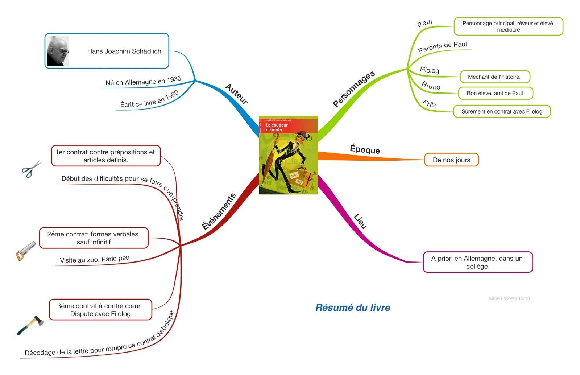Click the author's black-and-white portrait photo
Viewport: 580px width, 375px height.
click(58, 51)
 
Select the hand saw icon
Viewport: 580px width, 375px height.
click(26, 251)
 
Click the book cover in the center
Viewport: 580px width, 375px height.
click(288, 155)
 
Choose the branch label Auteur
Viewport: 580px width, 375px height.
click(236, 94)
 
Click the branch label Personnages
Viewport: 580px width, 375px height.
click(353, 89)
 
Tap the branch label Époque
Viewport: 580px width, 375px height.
click(365, 149)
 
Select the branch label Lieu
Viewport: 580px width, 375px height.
click(360, 221)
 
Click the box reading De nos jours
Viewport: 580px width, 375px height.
click(451, 160)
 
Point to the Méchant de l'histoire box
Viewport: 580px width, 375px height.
click(494, 77)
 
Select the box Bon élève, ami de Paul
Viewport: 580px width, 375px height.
click(495, 93)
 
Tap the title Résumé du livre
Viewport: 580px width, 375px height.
click(353, 308)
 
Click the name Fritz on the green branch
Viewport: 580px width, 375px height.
click(430, 104)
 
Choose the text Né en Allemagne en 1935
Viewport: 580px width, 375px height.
click(143, 81)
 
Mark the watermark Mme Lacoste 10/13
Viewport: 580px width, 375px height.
click(509, 298)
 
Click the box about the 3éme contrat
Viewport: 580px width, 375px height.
click(100, 310)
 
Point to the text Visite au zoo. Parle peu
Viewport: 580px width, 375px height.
click(95, 259)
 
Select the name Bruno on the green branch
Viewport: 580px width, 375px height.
click(431, 86)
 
